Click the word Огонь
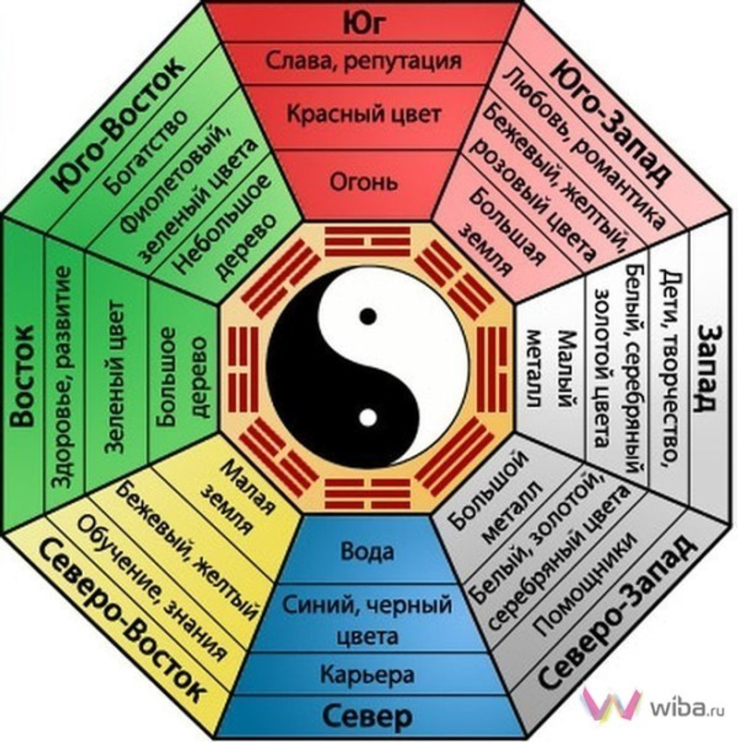367,180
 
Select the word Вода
367,552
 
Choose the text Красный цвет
367,115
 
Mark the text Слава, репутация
367,62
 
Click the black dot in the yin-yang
368,317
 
